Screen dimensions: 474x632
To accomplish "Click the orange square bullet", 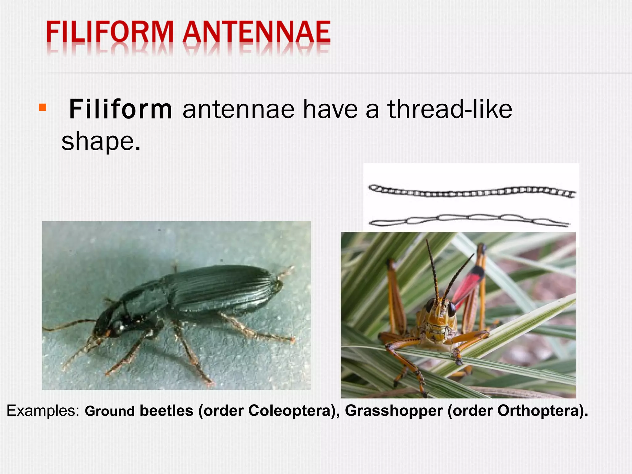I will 43,107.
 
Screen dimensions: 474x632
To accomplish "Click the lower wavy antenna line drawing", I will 469,220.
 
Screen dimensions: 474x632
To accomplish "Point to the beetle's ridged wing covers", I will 222,287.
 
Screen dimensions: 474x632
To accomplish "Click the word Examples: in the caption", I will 43,411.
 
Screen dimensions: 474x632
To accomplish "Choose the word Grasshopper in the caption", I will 394,411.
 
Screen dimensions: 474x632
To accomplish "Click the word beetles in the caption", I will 167,411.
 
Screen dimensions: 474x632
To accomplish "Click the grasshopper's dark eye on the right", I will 451,309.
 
